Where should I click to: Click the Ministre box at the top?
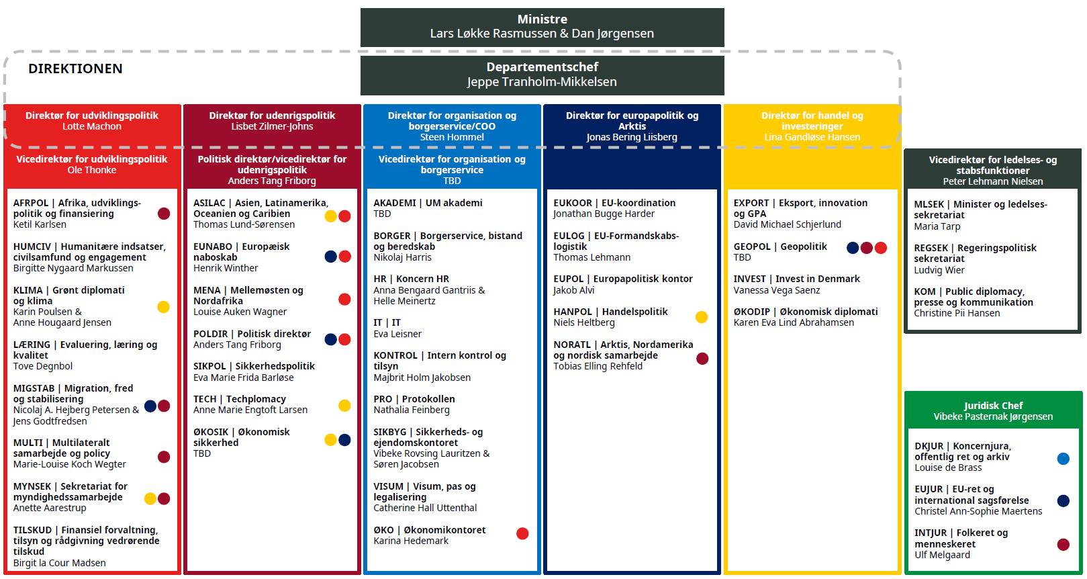click(x=542, y=27)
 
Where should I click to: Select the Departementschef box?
click(x=542, y=75)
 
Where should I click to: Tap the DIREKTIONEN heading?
click(x=75, y=69)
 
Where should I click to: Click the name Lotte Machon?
click(x=92, y=126)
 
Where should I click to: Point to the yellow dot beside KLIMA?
click(x=163, y=307)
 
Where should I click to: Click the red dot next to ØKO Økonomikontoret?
click(x=522, y=534)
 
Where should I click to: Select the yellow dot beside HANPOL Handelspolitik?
click(x=702, y=317)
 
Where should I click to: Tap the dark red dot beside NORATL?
click(x=702, y=359)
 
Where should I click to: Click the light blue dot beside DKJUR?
click(x=1064, y=459)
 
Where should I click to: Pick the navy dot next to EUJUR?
click(x=1064, y=500)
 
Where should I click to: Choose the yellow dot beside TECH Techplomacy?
click(x=344, y=405)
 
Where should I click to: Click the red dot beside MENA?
click(x=344, y=300)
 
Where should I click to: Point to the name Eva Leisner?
click(x=397, y=334)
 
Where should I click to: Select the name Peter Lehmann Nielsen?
click(x=993, y=181)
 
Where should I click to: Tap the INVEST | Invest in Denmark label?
click(x=796, y=279)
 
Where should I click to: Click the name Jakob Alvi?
click(x=573, y=290)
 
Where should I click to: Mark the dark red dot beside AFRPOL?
click(x=164, y=214)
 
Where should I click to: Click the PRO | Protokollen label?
click(x=414, y=399)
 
